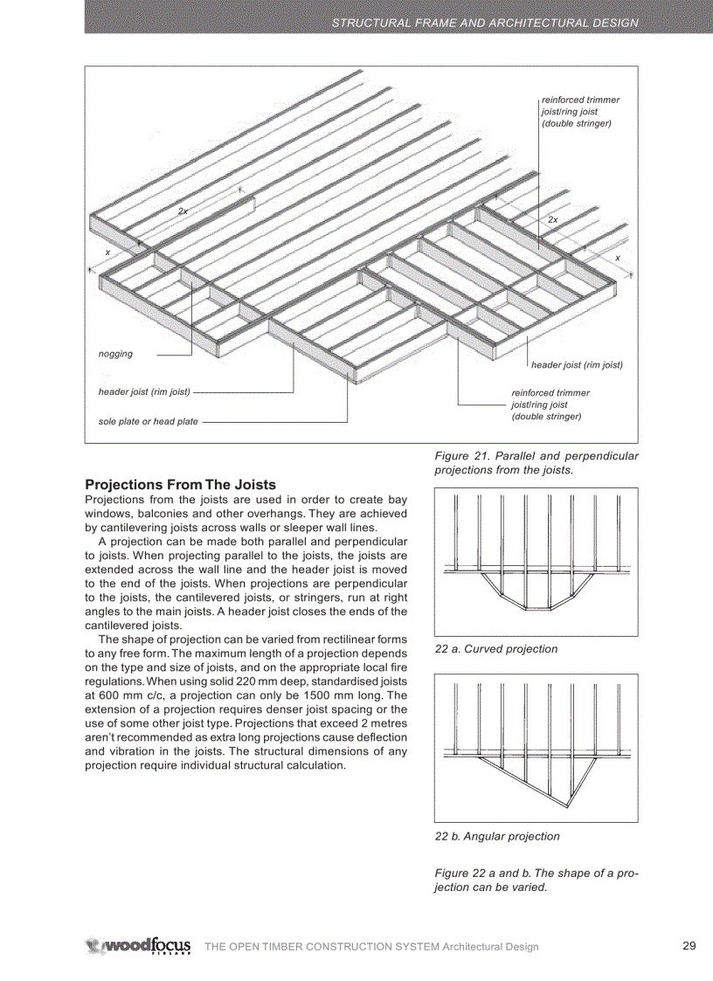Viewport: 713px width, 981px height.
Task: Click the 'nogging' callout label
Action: click(x=115, y=354)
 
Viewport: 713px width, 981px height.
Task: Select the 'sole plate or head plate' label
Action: click(x=148, y=422)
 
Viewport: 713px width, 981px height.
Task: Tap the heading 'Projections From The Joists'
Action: click(x=180, y=484)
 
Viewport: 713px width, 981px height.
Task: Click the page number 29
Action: click(x=689, y=945)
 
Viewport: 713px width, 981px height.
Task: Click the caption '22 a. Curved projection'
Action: click(x=496, y=649)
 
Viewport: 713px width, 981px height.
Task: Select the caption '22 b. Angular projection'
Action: click(x=497, y=836)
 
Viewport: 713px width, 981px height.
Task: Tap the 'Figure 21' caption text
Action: click(x=536, y=462)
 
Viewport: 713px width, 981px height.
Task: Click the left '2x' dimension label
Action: click(x=183, y=211)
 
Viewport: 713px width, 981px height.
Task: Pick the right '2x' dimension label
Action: click(x=552, y=220)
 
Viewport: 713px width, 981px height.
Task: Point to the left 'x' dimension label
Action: click(x=107, y=252)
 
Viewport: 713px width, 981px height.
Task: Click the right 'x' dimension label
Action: click(x=617, y=258)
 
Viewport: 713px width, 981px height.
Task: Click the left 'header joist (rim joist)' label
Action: click(x=144, y=391)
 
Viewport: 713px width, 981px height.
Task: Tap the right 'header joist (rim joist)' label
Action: click(x=577, y=364)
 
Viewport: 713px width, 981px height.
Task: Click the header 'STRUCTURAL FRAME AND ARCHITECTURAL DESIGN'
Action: click(x=485, y=23)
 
